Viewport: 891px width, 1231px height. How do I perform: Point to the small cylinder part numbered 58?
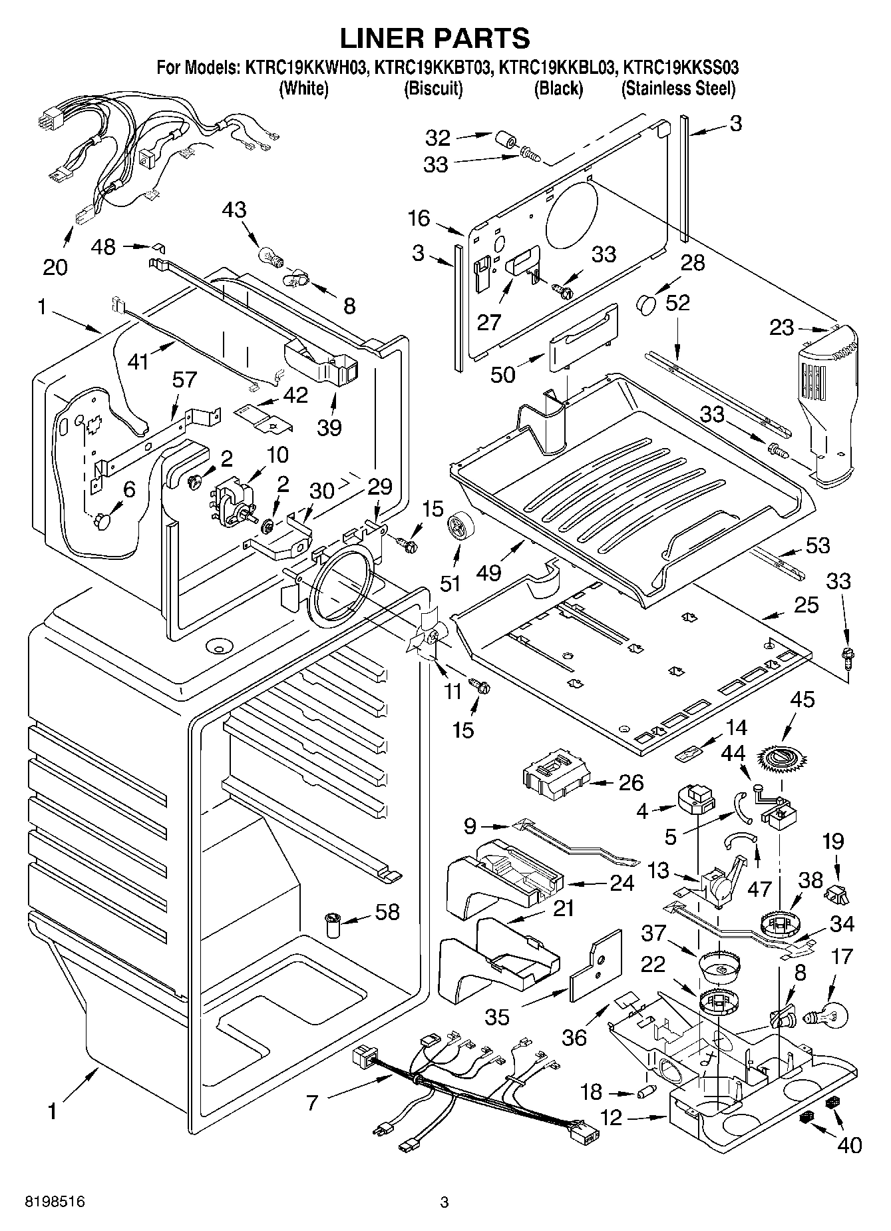(332, 925)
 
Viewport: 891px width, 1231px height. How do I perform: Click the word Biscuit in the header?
(433, 89)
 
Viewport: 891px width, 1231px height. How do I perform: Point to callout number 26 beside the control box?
(630, 782)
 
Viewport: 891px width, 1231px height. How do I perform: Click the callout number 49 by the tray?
(489, 572)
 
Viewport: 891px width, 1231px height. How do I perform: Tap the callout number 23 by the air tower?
(782, 328)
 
